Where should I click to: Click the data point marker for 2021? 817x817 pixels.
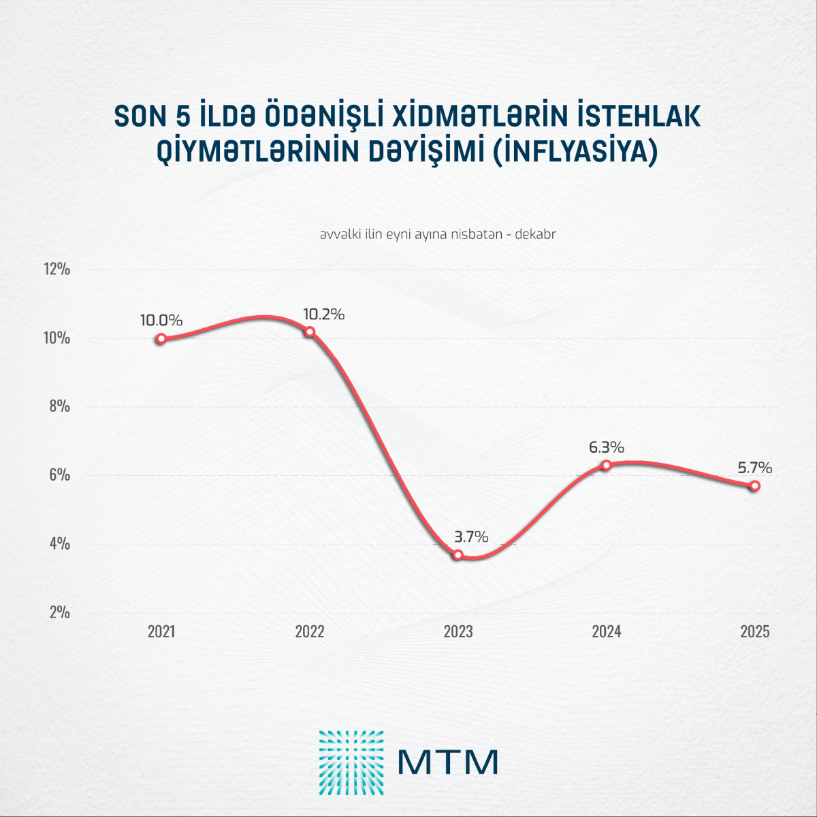[161, 338]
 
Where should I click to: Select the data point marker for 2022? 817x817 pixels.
[310, 332]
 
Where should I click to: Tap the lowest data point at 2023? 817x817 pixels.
[458, 555]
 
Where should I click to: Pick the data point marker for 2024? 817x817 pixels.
[606, 465]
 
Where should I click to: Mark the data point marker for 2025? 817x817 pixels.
[754, 485]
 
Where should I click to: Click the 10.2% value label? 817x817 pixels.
[323, 315]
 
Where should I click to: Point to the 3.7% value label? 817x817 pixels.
[470, 536]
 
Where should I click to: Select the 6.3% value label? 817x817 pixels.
[606, 447]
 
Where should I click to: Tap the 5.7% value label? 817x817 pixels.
[754, 468]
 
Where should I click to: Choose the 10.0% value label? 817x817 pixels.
[161, 320]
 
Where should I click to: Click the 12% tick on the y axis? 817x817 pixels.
[57, 269]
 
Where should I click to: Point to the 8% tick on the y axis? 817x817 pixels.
[59, 406]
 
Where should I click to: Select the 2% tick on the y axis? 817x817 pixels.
[59, 612]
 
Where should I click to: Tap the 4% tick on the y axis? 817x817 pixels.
[59, 544]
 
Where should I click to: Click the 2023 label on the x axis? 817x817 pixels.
[458, 632]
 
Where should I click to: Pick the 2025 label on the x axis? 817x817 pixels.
[754, 632]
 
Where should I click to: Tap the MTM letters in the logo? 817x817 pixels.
[447, 762]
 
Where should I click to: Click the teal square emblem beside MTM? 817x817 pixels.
[351, 763]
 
